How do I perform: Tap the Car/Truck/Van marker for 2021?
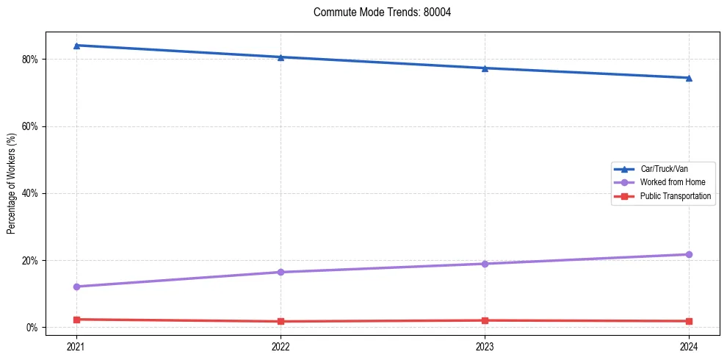coord(76,46)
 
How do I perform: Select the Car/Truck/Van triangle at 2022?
coord(281,57)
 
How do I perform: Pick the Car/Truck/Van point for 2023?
coord(485,68)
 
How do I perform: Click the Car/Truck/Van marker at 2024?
coord(689,78)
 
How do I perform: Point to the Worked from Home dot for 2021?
coord(76,287)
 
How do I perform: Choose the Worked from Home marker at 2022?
coord(281,272)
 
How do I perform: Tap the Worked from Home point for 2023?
coord(485,264)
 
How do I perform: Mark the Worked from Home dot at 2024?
coord(689,254)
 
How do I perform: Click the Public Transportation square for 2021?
coord(76,320)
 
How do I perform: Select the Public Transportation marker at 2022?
coord(281,321)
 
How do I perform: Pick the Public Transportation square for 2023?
coord(485,320)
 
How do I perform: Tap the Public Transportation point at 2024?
coord(689,321)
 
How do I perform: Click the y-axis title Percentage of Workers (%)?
coord(12,183)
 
